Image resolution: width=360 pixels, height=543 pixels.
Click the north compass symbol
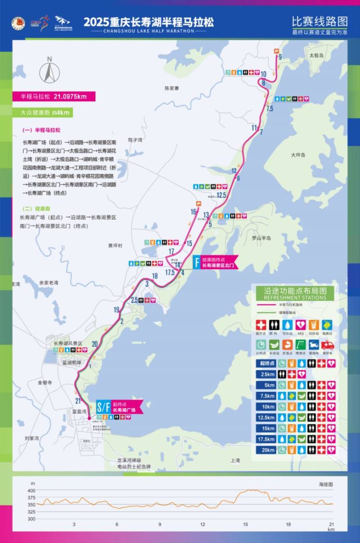pyautogui.click(x=49, y=71)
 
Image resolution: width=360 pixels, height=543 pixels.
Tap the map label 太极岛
pyautogui.click(x=316, y=55)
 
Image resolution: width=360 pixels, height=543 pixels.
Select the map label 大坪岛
pyautogui.click(x=298, y=155)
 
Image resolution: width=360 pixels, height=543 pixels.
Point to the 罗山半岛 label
pyautogui.click(x=261, y=238)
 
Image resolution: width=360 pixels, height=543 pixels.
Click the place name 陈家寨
pyautogui.click(x=171, y=89)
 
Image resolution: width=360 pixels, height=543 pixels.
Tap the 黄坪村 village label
pyautogui.click(x=115, y=246)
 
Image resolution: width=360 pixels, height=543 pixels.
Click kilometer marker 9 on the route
pyautogui.click(x=280, y=57)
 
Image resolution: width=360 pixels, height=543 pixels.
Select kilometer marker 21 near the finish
pyautogui.click(x=78, y=401)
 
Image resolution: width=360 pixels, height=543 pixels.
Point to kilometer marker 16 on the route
pyautogui.click(x=193, y=212)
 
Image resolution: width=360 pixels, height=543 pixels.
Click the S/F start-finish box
pyautogui.click(x=103, y=408)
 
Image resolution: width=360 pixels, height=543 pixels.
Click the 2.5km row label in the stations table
pyautogui.click(x=267, y=374)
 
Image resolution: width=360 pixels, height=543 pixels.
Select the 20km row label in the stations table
pyautogui.click(x=267, y=450)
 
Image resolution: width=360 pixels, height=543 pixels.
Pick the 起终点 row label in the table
pyautogui.click(x=267, y=363)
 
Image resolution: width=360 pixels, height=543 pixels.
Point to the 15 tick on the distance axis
pyautogui.click(x=246, y=525)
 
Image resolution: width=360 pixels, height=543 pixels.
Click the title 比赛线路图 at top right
pyautogui.click(x=319, y=21)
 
